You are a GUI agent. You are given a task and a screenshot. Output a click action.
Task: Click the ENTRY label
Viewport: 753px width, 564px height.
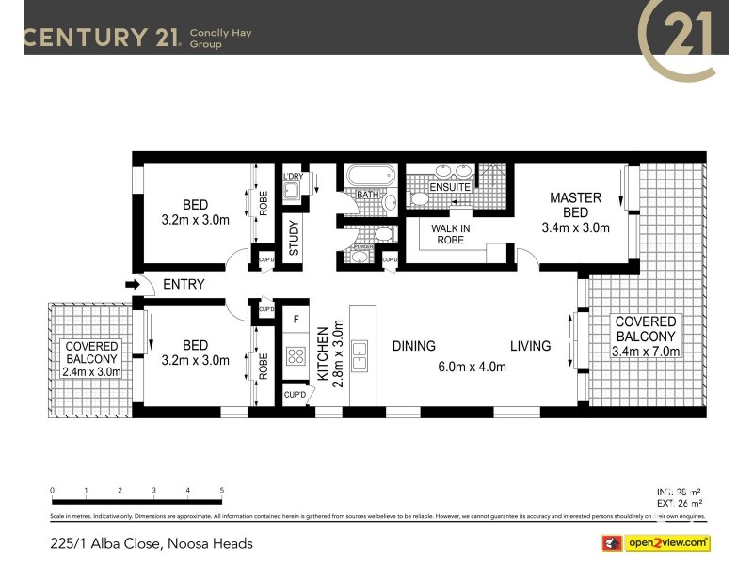pyautogui.click(x=184, y=284)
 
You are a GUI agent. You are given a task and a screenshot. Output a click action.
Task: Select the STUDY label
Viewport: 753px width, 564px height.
pyautogui.click(x=294, y=237)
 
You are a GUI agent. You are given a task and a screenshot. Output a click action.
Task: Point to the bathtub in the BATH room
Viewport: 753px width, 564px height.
pyautogui.click(x=368, y=176)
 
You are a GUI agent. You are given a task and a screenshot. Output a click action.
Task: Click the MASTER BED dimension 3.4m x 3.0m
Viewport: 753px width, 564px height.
pyautogui.click(x=575, y=227)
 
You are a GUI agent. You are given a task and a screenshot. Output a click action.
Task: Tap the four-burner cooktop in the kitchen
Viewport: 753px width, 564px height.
pyautogui.click(x=296, y=356)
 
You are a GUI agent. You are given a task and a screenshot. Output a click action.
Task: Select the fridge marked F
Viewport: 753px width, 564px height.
pyautogui.click(x=296, y=320)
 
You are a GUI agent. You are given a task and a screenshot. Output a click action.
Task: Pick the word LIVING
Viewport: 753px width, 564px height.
pyautogui.click(x=530, y=346)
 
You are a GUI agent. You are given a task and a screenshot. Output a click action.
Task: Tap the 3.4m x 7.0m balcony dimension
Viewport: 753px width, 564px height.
pyautogui.click(x=646, y=352)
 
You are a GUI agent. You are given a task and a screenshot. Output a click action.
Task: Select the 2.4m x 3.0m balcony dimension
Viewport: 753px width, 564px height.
pyautogui.click(x=91, y=372)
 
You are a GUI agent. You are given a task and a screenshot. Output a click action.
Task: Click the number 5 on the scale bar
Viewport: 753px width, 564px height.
pyautogui.click(x=221, y=491)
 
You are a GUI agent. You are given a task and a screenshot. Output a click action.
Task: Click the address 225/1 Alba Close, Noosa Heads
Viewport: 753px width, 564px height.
pyautogui.click(x=151, y=543)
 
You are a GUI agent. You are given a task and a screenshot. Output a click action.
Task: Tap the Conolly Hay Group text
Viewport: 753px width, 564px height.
pyautogui.click(x=220, y=38)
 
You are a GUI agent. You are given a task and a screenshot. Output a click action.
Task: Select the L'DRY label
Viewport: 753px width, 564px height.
pyautogui.click(x=293, y=176)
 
